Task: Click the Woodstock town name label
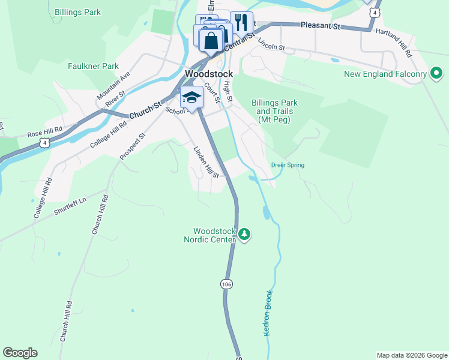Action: tap(209, 74)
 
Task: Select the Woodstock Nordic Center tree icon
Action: tap(244, 234)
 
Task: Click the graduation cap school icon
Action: tap(191, 97)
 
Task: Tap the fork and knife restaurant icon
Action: tap(241, 23)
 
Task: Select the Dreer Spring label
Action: tap(288, 165)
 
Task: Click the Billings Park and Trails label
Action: tap(275, 111)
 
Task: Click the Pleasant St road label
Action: tap(321, 26)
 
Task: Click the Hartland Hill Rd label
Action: tap(394, 44)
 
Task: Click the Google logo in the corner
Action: tap(20, 353)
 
